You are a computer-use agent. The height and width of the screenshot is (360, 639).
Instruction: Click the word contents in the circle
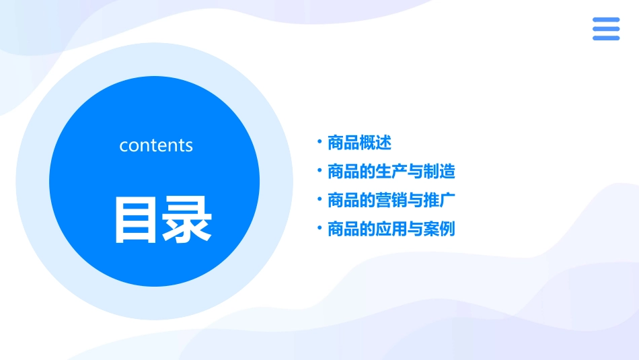point(156,145)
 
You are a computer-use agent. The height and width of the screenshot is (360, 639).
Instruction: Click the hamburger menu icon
point(606,29)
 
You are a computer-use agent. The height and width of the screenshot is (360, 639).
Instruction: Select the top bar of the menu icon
point(606,20)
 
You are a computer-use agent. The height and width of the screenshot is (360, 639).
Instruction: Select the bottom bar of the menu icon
point(606,38)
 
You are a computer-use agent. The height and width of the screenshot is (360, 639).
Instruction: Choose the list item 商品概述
point(359,143)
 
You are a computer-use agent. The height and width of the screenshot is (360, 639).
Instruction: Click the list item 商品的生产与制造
point(391,172)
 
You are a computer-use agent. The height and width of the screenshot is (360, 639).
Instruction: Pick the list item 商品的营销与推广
point(391,201)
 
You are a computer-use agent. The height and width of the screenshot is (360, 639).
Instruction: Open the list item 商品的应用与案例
point(391,229)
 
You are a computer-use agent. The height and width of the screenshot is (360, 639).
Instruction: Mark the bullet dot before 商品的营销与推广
point(319,199)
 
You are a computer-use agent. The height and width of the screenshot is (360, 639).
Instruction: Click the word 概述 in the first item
point(375,143)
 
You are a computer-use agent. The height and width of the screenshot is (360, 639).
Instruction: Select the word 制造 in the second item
point(439,172)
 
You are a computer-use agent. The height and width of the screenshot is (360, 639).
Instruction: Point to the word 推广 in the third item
point(439,201)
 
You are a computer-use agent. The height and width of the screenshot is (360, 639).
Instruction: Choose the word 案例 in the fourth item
point(439,229)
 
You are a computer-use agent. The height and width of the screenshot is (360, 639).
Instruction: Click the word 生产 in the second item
point(391,172)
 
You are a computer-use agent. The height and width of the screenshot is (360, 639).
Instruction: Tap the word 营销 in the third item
point(391,201)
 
